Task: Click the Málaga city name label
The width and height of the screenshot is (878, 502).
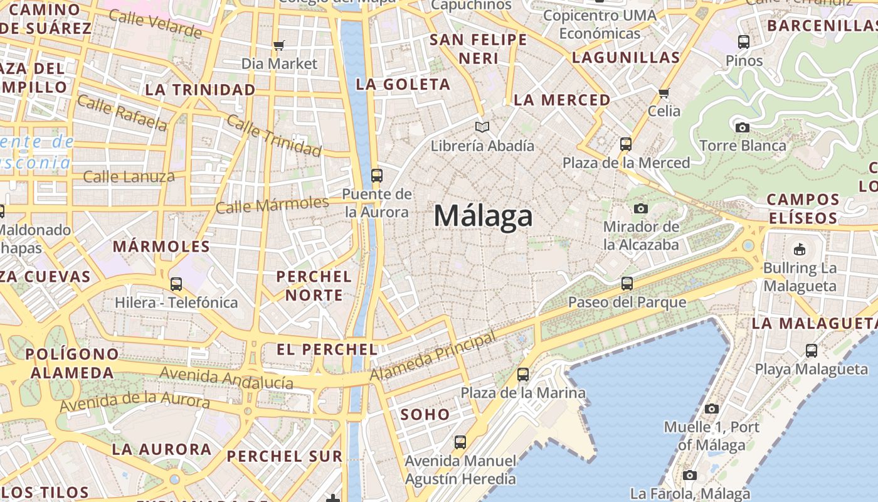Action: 483,216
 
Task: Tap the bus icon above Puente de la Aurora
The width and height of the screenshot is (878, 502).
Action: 377,176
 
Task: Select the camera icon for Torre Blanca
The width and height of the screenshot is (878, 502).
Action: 743,128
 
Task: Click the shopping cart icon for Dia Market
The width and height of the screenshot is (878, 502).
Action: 279,45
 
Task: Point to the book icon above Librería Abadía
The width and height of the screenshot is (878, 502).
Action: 482,127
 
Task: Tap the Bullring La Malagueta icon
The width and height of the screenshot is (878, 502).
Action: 800,250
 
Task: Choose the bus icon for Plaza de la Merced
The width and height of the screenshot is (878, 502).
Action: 625,144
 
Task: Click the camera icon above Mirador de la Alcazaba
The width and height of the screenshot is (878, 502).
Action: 640,208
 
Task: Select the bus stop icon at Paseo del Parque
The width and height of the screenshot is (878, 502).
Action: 627,284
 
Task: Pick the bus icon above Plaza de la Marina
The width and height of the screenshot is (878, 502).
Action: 523,375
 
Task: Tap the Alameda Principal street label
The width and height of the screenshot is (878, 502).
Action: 433,356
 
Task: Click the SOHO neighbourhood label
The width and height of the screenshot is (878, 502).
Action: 425,414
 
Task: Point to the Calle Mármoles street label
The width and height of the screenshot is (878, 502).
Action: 272,205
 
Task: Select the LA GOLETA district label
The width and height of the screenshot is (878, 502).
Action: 403,84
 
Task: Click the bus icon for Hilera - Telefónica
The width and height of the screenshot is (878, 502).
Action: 176,284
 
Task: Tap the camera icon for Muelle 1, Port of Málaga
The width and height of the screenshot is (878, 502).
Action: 711,409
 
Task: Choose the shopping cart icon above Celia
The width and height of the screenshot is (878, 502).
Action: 664,93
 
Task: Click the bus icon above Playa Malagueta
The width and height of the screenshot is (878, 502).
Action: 812,351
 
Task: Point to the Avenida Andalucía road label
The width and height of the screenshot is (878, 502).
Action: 226,378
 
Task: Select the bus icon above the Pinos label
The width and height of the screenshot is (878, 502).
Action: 744,43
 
